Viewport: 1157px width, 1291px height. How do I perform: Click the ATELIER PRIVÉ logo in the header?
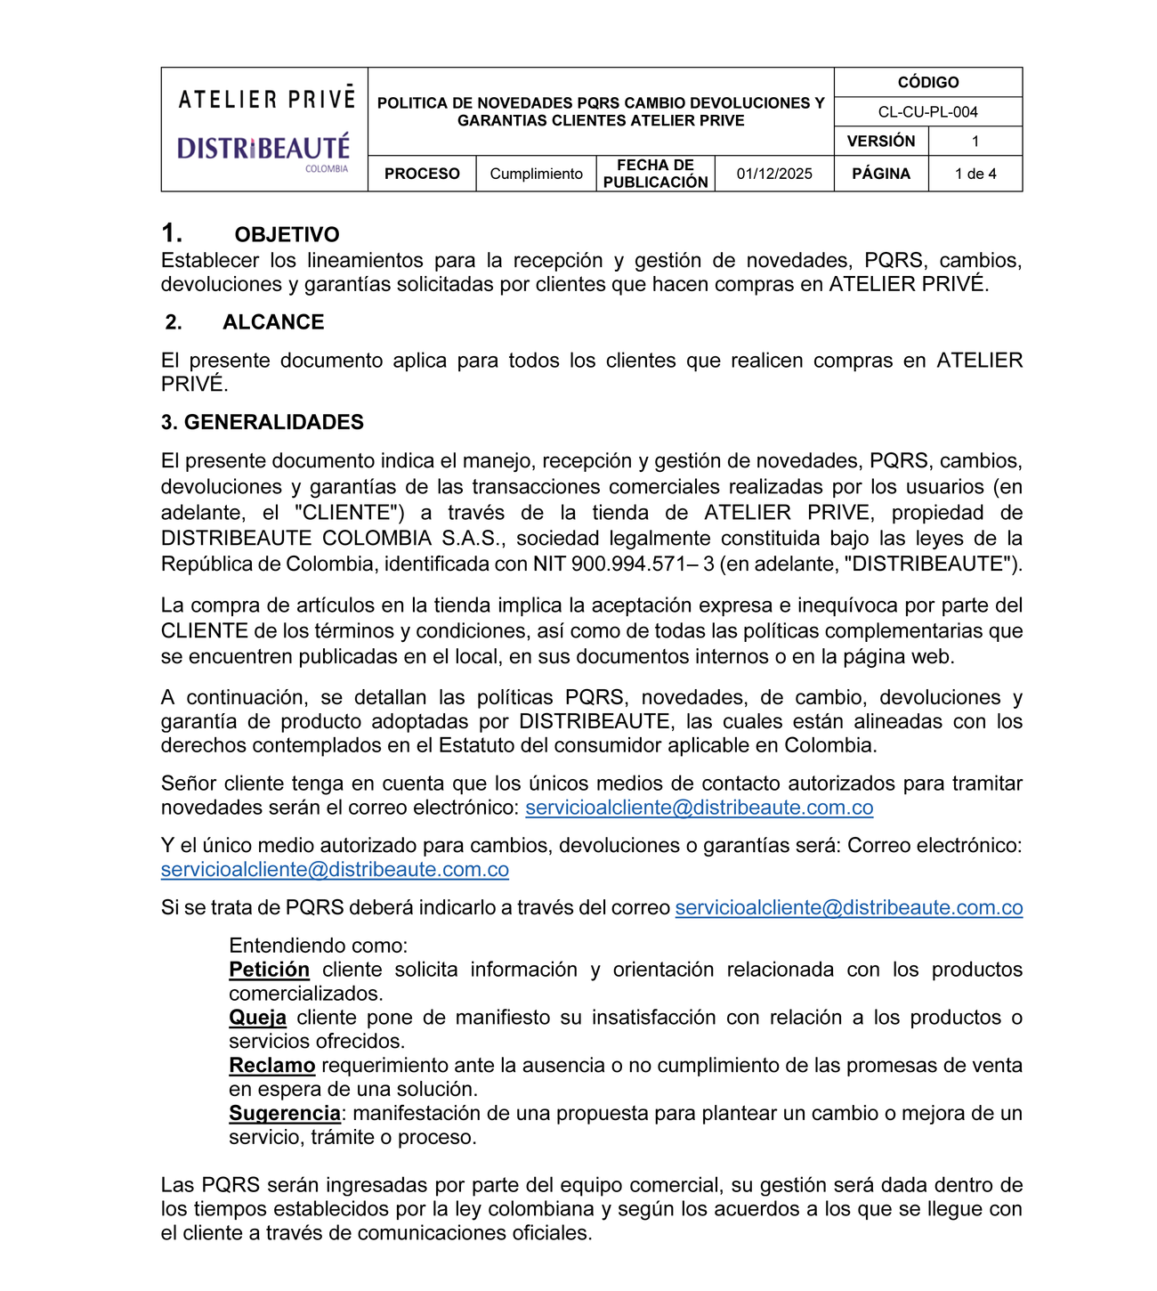266,99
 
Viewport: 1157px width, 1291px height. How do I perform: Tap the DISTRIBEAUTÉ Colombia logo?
263,149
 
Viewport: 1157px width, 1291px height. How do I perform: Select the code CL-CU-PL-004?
927,112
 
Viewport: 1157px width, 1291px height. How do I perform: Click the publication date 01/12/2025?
774,174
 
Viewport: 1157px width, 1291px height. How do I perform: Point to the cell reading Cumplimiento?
536,174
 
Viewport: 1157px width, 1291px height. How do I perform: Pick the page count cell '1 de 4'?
975,174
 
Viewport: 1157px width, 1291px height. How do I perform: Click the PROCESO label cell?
422,174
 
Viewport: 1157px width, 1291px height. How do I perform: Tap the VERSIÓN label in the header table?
881,142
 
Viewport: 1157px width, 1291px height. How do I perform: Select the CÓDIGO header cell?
927,83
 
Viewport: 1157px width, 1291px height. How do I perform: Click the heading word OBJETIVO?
287,235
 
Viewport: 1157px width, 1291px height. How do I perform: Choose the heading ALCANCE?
273,322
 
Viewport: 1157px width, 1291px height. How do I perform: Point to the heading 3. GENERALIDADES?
263,422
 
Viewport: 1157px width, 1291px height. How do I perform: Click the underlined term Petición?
269,970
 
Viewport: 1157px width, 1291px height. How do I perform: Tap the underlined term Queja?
257,1018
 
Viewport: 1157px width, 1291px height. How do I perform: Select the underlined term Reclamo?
272,1066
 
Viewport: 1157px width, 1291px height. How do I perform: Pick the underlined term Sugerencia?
285,1113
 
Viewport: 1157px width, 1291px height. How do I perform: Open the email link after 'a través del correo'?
849,908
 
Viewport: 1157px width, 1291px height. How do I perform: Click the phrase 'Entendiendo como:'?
319,946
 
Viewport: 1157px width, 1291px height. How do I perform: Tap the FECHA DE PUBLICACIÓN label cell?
655,174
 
